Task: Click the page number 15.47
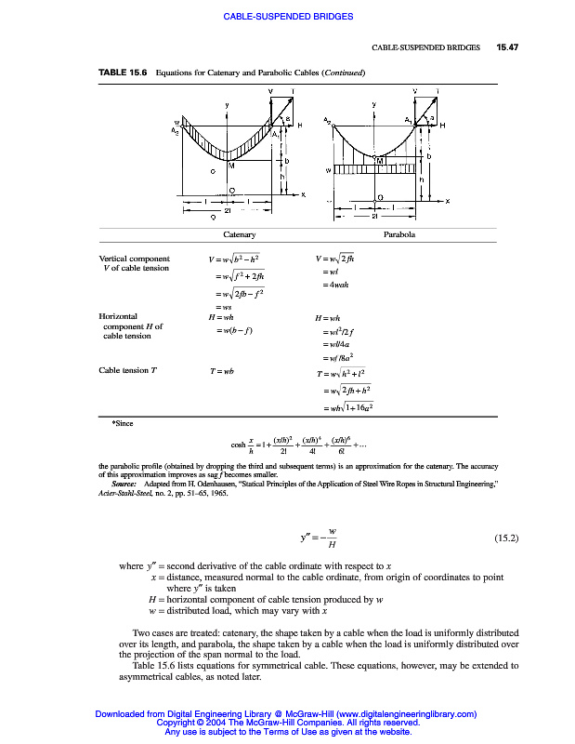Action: point(507,46)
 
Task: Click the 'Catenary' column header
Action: point(240,235)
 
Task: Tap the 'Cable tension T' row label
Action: point(128,370)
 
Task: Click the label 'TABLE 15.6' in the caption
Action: point(124,72)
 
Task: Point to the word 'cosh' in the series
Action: point(240,443)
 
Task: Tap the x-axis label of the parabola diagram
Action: point(447,201)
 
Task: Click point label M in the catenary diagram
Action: point(231,166)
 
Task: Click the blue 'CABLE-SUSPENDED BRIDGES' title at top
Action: point(288,16)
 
